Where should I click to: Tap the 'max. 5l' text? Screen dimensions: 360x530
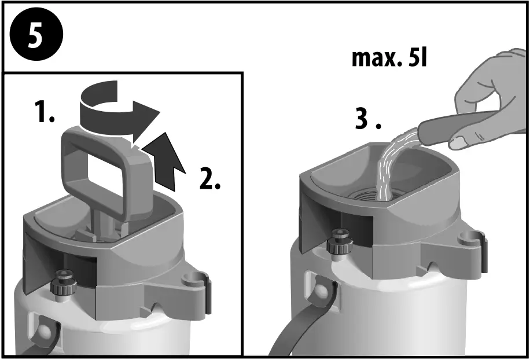(389, 58)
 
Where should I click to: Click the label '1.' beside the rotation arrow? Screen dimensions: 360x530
(43, 112)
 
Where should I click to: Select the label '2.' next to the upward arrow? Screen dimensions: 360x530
(209, 180)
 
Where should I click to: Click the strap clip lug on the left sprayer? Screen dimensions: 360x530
(196, 284)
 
